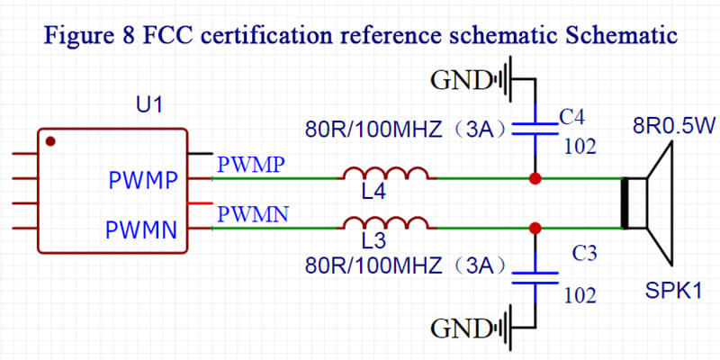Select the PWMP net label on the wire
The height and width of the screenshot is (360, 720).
tap(251, 165)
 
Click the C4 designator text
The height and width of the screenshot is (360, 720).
tap(571, 117)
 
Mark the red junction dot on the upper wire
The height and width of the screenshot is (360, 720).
tap(535, 179)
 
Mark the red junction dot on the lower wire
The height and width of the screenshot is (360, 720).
tap(535, 228)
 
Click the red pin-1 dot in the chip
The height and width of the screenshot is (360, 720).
tap(51, 140)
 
